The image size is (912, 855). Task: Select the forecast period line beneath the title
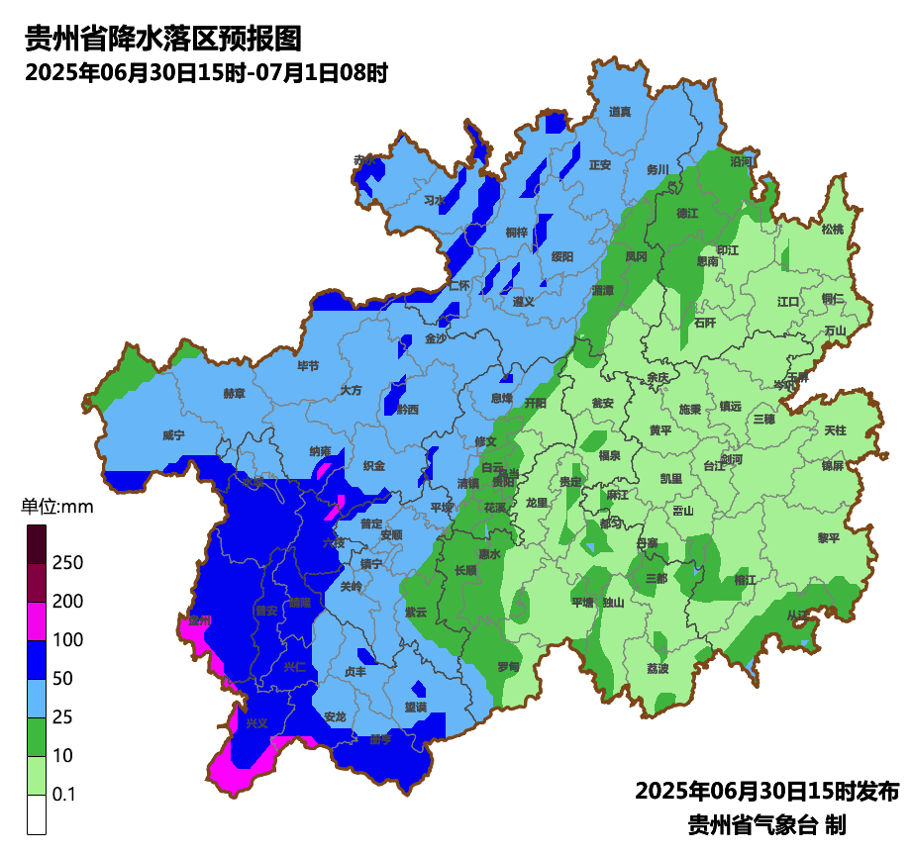(x=205, y=72)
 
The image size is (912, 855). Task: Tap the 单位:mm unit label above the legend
(x=56, y=508)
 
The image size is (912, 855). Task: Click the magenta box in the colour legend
(x=37, y=621)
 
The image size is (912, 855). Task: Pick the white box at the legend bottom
(x=37, y=814)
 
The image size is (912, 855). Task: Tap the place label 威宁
(x=173, y=435)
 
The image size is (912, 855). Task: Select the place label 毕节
(x=309, y=366)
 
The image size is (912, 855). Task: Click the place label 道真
(x=620, y=112)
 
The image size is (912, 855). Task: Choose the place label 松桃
(x=833, y=230)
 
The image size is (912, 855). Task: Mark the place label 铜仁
(x=832, y=298)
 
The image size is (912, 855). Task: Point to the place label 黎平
(x=828, y=538)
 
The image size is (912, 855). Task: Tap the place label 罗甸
(x=508, y=667)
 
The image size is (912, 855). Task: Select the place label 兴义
(x=256, y=723)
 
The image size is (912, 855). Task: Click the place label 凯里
(x=671, y=479)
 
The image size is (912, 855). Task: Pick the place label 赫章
(x=234, y=394)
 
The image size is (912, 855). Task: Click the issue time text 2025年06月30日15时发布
(x=766, y=792)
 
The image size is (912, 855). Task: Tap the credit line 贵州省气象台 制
(x=766, y=824)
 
